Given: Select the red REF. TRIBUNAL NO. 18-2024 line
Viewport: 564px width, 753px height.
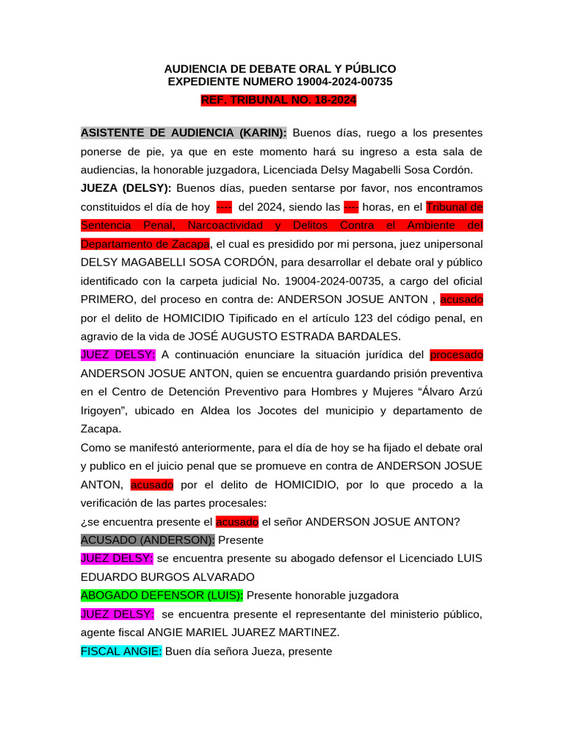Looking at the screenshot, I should pyautogui.click(x=279, y=100).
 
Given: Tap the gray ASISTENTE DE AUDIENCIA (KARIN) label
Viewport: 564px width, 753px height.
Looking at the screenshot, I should pyautogui.click(x=184, y=133).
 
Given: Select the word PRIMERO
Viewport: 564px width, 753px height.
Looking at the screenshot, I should pyautogui.click(x=106, y=300).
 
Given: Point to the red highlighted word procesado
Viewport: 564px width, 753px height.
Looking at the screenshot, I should pyautogui.click(x=456, y=355).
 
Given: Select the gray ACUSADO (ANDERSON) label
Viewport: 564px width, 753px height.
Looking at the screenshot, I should pyautogui.click(x=148, y=540).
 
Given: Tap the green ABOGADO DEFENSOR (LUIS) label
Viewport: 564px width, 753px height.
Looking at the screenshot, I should pyautogui.click(x=162, y=596).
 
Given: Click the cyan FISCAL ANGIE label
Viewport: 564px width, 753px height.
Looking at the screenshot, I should pyautogui.click(x=121, y=652).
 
